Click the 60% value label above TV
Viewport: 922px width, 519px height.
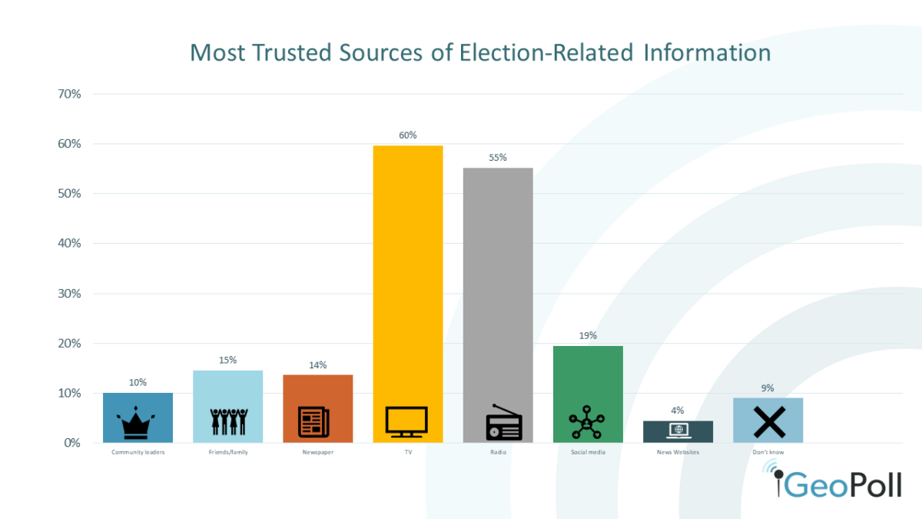point(407,135)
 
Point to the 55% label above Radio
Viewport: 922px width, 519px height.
point(497,158)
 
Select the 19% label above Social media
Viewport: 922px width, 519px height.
point(588,336)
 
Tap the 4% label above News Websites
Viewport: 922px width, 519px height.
point(677,411)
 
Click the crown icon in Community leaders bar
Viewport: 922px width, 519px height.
point(138,422)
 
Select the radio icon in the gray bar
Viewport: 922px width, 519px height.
point(503,424)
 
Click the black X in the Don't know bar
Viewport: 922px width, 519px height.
point(768,422)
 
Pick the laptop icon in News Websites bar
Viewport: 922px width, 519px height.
point(677,431)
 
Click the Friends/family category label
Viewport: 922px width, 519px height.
point(227,452)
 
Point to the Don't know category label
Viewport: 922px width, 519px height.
point(768,452)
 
